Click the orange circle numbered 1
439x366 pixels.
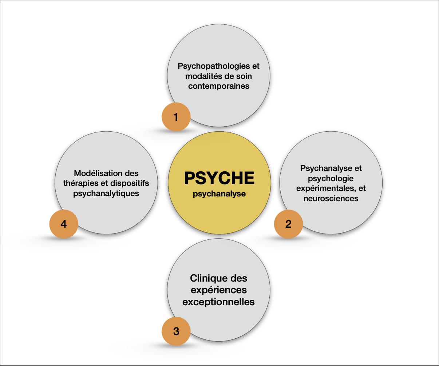point(176,117)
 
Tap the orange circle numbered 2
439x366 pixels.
point(288,224)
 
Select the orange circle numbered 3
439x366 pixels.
point(176,331)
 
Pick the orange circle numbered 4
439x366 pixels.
point(64,224)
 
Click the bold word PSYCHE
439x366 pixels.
point(219,178)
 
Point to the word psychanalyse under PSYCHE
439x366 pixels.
point(219,194)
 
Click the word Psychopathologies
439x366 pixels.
point(214,66)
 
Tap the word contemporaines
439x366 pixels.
point(219,86)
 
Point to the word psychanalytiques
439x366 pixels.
point(106,194)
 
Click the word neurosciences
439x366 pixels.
point(331,199)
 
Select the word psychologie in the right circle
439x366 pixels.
point(331,179)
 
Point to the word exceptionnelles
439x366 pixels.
point(218,302)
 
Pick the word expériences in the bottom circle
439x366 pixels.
point(219,290)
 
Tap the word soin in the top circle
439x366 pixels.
point(244,76)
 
